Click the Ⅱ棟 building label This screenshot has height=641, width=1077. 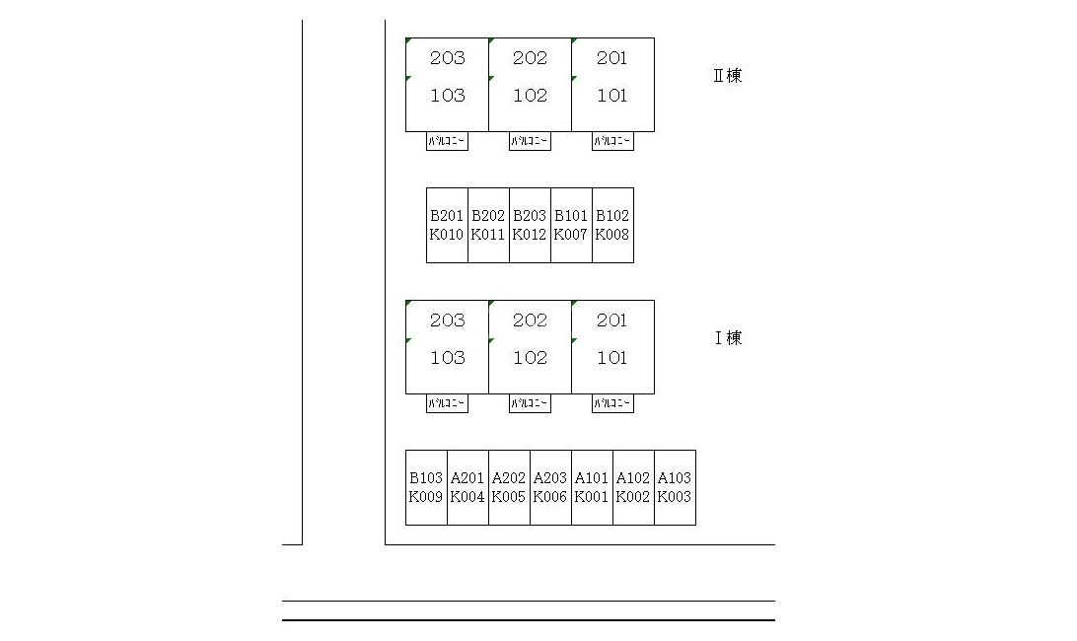point(727,76)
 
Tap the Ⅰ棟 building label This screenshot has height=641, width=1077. point(728,338)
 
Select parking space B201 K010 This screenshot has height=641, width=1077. point(447,225)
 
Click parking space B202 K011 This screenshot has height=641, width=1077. point(488,225)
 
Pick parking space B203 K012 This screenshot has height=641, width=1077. point(530,225)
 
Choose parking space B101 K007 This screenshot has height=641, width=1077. point(571,225)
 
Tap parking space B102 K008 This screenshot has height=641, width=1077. point(612,225)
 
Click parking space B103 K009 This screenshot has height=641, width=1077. point(426,487)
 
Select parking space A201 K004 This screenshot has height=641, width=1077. point(467,487)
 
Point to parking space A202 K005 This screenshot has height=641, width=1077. point(509,487)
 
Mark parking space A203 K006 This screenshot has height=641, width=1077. point(550,487)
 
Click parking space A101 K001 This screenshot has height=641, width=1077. point(592,487)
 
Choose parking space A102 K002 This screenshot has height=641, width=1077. point(633,487)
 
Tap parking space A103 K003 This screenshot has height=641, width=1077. point(675,487)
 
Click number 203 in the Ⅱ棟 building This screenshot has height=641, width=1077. point(447,58)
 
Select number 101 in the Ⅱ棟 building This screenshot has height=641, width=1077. point(611,96)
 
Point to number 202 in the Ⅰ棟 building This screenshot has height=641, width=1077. point(530,320)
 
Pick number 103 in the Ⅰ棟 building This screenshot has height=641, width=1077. point(447,358)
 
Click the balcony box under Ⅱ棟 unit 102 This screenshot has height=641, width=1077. point(530,141)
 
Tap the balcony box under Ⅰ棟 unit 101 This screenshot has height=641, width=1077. point(612,403)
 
